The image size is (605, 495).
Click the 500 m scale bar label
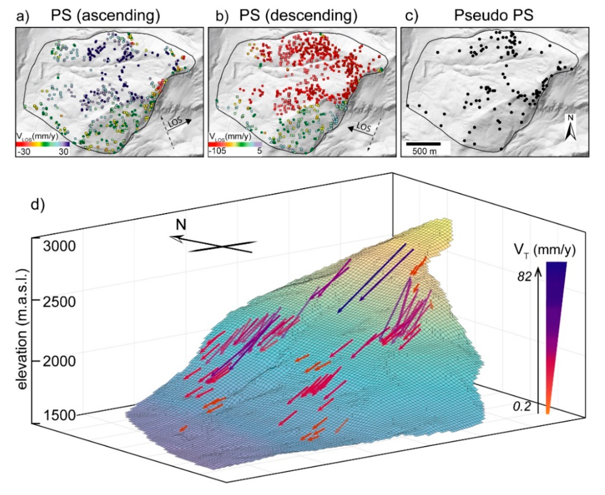click(425, 151)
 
